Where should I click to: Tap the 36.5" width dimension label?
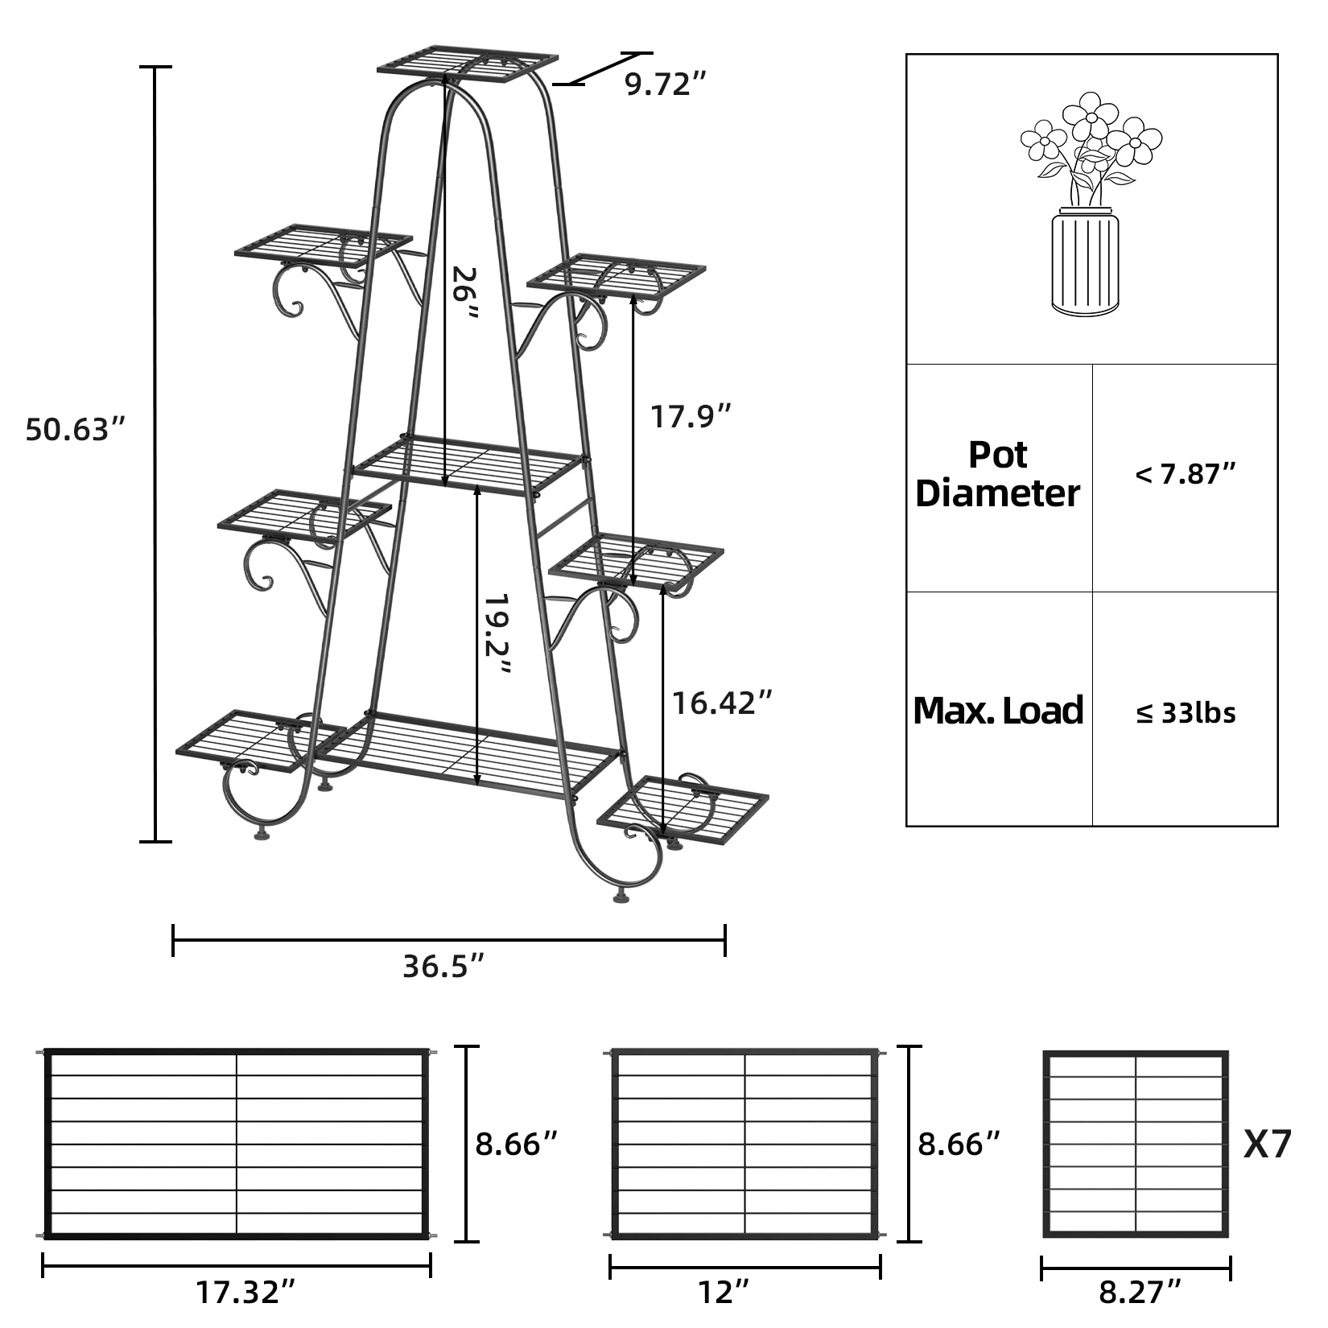point(444,966)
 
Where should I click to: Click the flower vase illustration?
point(1090,205)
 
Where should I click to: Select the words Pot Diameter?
point(998,475)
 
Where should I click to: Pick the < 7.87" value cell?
point(1185,474)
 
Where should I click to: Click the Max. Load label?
point(998,711)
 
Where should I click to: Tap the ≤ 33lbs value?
point(1186,713)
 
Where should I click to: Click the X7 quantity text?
point(1268,1144)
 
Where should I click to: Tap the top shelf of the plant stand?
point(468,65)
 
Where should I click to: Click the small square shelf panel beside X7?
point(1136,1144)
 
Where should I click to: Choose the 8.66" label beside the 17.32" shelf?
point(516,1144)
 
